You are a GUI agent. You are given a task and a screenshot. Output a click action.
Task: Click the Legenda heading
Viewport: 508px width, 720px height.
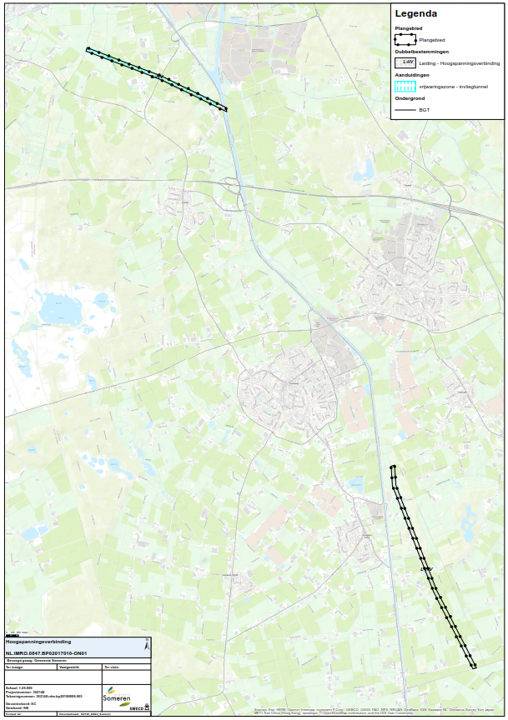point(416,13)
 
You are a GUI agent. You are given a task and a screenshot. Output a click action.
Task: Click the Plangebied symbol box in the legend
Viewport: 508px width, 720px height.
point(405,39)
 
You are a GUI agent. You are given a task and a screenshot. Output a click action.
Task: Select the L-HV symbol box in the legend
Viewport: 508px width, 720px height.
point(405,62)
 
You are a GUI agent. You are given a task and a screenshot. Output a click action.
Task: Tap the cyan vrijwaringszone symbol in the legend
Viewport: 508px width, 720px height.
point(405,86)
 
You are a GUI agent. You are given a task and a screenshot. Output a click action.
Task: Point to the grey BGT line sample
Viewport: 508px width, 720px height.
point(405,109)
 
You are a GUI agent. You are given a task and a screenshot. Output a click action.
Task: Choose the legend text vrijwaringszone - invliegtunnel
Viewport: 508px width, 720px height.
point(454,86)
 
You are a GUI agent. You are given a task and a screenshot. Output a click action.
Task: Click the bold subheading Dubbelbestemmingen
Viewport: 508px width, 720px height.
point(421,52)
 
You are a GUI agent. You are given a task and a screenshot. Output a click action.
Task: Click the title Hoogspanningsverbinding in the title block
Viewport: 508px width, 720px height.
point(38,642)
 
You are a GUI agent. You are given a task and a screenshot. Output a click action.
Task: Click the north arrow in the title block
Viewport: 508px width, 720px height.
point(147,645)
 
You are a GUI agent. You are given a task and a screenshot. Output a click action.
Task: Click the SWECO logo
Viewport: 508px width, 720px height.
point(136,707)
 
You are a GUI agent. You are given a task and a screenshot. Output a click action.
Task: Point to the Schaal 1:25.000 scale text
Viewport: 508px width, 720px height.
point(18,687)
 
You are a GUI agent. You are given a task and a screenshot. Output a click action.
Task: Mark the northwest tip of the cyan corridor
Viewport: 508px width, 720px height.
point(88,50)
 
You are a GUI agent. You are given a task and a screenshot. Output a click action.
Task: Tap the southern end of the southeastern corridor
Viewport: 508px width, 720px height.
point(473,665)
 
